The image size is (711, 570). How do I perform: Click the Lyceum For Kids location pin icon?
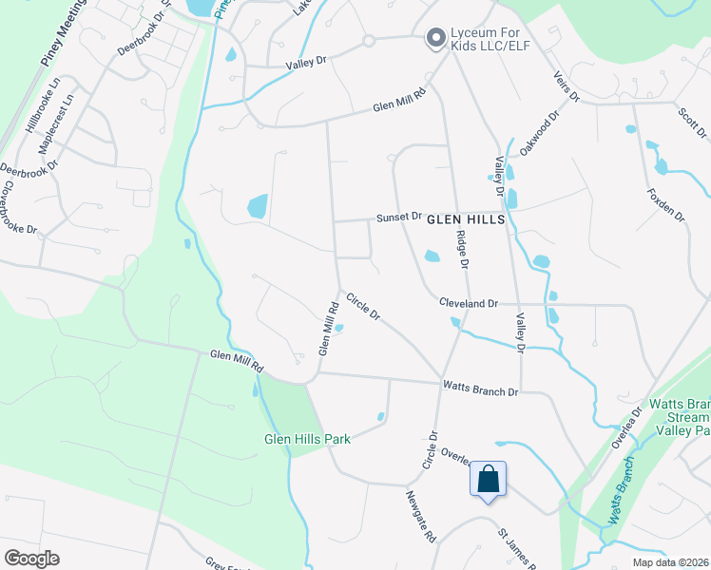(436, 38)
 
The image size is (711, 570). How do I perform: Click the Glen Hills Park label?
(308, 439)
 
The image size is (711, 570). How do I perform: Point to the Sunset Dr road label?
(398, 217)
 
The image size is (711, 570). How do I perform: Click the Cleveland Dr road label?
(469, 303)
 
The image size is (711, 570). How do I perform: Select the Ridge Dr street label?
(463, 249)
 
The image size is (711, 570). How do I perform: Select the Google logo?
(31, 558)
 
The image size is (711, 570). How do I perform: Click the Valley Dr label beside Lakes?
(306, 61)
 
